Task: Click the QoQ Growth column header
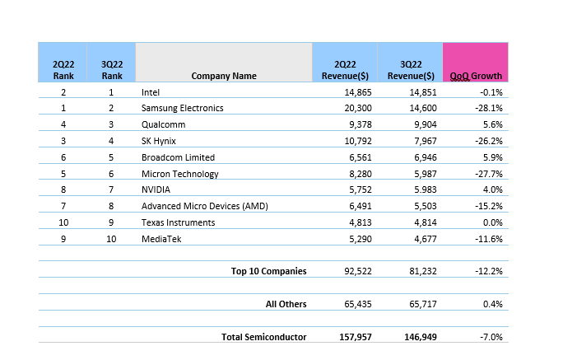click(x=476, y=76)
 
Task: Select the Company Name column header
click(x=224, y=76)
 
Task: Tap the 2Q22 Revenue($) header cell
click(x=344, y=69)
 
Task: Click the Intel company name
click(x=151, y=92)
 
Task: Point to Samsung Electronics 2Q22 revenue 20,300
click(x=345, y=108)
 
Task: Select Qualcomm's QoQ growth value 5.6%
click(x=493, y=124)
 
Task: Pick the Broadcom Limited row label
click(x=178, y=157)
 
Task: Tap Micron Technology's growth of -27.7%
click(x=490, y=174)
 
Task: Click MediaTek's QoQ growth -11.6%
click(x=490, y=239)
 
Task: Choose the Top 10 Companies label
click(x=269, y=271)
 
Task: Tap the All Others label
click(x=286, y=304)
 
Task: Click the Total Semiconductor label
click(x=263, y=336)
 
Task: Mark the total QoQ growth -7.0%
click(x=492, y=336)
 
